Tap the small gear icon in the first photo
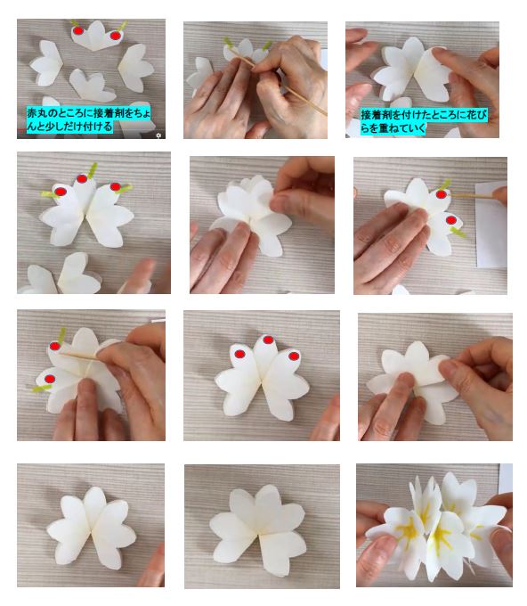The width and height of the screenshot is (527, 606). (x=158, y=135)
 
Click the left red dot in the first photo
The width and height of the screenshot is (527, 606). (x=78, y=30)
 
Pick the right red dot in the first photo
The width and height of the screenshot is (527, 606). (x=115, y=36)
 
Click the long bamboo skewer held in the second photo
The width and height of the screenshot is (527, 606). (x=277, y=80)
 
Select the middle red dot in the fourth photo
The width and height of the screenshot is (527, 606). (x=82, y=178)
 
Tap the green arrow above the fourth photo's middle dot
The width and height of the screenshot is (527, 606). (x=93, y=170)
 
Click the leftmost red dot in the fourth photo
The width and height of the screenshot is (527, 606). (x=61, y=192)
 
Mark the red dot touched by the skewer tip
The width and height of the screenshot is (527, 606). (x=441, y=194)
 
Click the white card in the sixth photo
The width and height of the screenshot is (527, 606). (x=491, y=225)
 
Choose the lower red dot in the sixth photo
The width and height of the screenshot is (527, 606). (x=451, y=221)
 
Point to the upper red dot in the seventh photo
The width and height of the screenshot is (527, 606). (x=55, y=346)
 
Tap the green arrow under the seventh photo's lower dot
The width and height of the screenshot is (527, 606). (x=42, y=388)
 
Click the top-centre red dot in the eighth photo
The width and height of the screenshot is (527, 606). (x=268, y=340)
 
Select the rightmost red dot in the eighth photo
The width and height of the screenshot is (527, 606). (x=294, y=356)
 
